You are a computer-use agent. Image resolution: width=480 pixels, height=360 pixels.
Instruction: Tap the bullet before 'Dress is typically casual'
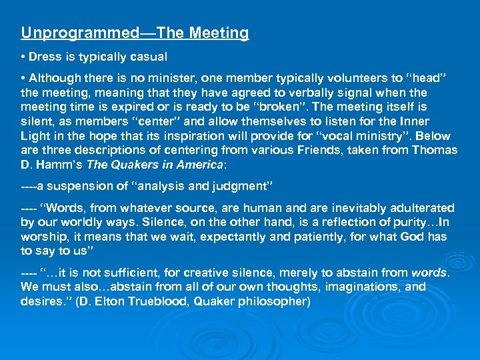click(23, 57)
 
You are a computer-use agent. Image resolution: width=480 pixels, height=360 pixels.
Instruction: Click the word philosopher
click(275, 301)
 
